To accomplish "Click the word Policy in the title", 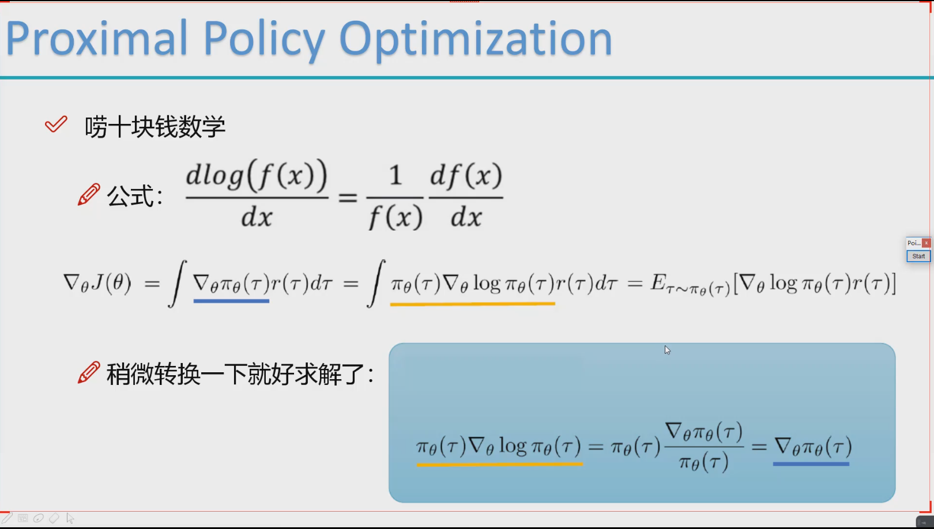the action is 264,41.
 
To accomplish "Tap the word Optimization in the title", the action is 475,41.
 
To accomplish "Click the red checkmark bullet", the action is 56,124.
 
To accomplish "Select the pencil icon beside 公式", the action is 89,194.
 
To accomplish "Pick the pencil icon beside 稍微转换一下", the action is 89,372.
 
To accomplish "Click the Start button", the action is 918,256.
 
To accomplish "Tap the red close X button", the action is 926,243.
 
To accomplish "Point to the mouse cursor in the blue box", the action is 667,350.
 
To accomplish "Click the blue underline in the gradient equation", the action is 231,301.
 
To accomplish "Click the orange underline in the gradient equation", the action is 472,304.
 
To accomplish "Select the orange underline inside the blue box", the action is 499,463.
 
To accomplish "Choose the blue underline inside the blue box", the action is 811,463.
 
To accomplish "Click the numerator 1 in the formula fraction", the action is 395,175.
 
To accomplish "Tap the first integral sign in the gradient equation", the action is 178,284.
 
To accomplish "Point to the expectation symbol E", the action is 658,282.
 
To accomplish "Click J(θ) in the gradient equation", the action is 111,282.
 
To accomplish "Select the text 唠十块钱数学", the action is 155,126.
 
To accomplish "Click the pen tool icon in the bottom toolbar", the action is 7,517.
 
